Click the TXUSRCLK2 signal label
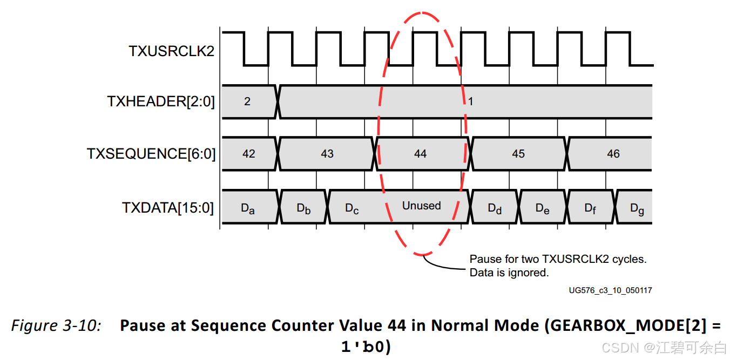click(171, 51)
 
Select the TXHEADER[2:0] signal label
click(161, 101)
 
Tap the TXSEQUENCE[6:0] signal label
click(151, 154)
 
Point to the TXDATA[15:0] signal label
click(168, 207)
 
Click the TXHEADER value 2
click(247, 101)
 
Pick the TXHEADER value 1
click(471, 101)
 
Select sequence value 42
click(248, 154)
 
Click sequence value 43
click(327, 154)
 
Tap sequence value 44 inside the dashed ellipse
click(421, 154)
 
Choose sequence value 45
click(518, 154)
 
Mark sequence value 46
click(613, 154)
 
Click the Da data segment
click(247, 208)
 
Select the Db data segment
click(304, 208)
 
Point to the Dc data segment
click(352, 208)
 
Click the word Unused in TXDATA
click(422, 206)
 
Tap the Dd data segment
click(495, 208)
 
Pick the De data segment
click(543, 208)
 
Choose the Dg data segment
click(637, 208)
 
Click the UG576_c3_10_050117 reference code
click(610, 290)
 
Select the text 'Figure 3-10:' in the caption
click(56, 326)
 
